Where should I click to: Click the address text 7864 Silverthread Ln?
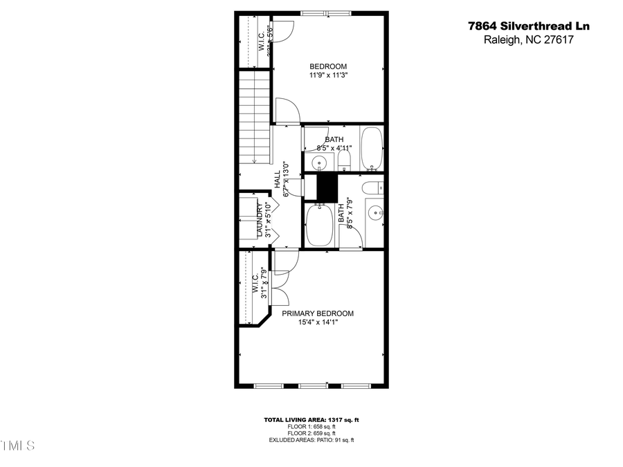[528, 26]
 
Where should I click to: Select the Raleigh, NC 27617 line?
[528, 40]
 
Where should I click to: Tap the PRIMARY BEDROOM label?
[318, 313]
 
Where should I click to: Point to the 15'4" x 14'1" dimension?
[318, 322]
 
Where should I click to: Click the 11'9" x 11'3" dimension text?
[328, 76]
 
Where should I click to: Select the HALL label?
[277, 179]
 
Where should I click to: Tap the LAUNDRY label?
[261, 220]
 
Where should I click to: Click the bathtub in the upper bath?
[372, 148]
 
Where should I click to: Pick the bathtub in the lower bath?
[319, 225]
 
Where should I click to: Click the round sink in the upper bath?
[319, 163]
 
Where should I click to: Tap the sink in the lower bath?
[374, 212]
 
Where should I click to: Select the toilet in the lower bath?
[372, 187]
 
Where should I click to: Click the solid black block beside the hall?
[325, 187]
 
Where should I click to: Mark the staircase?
[253, 118]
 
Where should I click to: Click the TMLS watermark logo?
[17, 444]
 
